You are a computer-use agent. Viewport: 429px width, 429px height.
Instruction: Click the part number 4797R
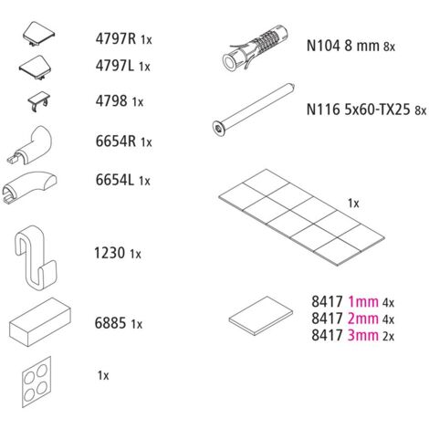click(116, 38)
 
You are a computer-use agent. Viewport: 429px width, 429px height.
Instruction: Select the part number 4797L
click(115, 66)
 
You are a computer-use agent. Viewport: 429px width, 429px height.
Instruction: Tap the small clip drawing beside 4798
click(39, 101)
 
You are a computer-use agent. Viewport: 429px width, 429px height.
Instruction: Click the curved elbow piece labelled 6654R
click(29, 145)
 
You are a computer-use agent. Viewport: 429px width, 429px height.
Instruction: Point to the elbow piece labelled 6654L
click(29, 186)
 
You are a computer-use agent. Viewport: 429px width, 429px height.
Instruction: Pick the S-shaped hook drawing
click(35, 257)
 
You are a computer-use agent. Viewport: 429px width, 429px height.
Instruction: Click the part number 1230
click(105, 253)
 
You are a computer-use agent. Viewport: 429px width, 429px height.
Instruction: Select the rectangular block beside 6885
click(40, 321)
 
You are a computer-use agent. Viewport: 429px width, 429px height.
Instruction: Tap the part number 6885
click(110, 323)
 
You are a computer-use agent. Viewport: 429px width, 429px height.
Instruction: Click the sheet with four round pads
click(37, 382)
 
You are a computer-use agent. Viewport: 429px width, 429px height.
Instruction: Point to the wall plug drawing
click(255, 48)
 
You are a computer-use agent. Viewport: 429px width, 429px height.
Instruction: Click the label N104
click(323, 46)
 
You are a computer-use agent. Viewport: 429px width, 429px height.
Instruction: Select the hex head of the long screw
click(218, 129)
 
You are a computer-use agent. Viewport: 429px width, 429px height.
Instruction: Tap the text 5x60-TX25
click(377, 110)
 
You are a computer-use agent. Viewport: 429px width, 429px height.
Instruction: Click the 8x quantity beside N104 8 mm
click(389, 47)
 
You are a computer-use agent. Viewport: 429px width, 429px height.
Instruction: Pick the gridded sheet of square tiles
click(301, 217)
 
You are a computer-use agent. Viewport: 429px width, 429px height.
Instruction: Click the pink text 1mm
click(363, 302)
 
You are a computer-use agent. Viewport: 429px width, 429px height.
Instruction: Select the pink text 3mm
click(363, 335)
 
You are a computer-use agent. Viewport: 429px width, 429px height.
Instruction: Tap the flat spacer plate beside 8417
click(261, 316)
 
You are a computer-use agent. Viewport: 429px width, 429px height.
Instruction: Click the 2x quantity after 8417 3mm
click(388, 336)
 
